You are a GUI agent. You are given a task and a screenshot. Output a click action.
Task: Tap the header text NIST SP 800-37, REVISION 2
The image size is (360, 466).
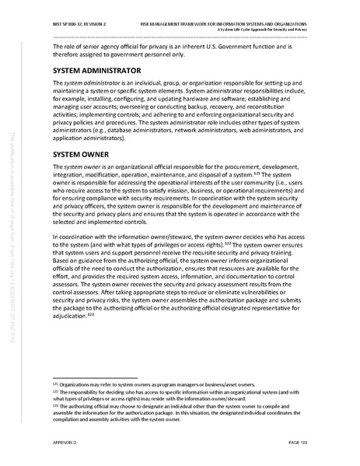(x=77, y=15)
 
